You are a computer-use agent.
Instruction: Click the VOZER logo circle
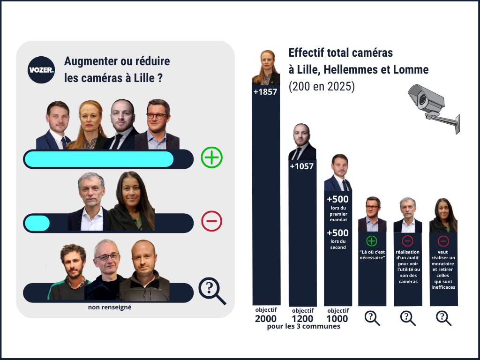point(41,70)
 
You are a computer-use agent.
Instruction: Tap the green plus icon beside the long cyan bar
point(211,157)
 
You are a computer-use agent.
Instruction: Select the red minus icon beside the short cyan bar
point(211,221)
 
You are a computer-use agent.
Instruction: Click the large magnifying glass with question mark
point(211,291)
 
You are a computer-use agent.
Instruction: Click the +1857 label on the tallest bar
point(265,92)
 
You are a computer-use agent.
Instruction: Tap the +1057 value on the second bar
point(301,166)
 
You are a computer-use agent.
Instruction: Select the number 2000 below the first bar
point(266,319)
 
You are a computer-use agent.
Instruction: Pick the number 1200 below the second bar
point(302,319)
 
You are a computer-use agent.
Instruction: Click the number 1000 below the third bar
point(337,319)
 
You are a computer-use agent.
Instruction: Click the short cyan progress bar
point(37,223)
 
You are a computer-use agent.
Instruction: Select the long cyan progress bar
point(99,159)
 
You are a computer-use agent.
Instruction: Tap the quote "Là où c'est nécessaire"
point(372,255)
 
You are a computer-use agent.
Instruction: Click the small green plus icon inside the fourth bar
point(372,241)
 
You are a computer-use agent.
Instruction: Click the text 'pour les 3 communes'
point(303,327)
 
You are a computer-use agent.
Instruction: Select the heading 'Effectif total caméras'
point(341,52)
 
